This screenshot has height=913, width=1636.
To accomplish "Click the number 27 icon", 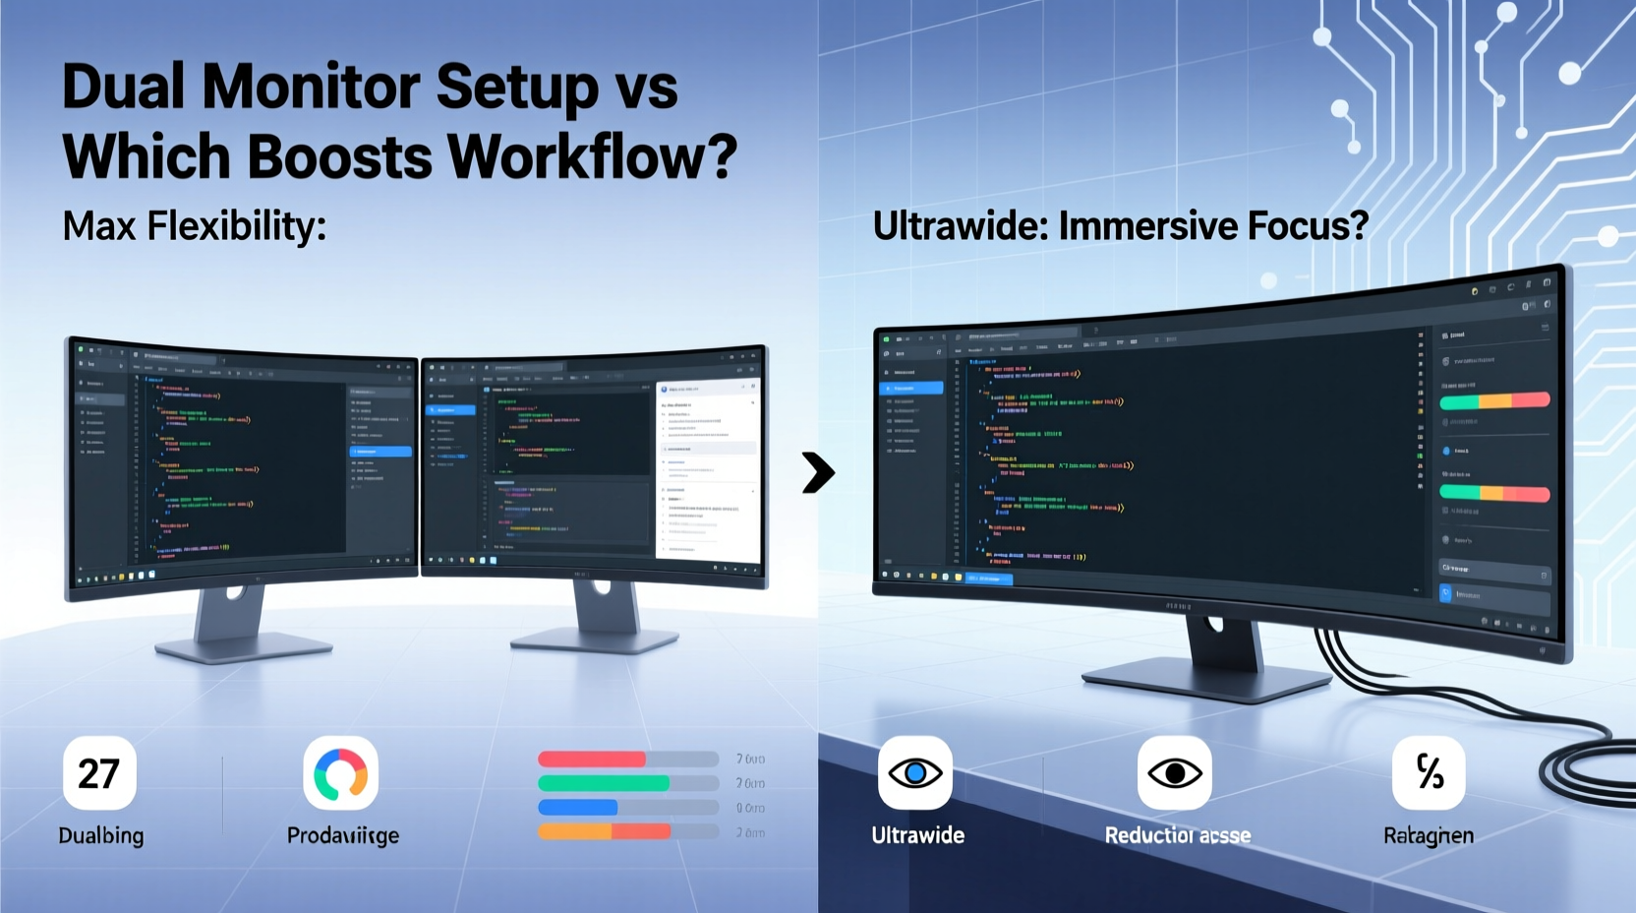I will pyautogui.click(x=99, y=773).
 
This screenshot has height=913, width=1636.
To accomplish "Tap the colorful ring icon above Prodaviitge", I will pyautogui.click(x=340, y=773).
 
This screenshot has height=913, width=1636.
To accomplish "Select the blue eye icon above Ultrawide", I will pyautogui.click(x=914, y=773).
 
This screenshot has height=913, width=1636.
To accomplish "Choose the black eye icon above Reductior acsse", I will pyautogui.click(x=1174, y=773).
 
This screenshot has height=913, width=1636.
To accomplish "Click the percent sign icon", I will pyautogui.click(x=1429, y=773).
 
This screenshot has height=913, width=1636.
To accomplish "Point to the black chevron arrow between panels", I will pyautogui.click(x=817, y=472).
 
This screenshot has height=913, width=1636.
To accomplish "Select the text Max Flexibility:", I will pyautogui.click(x=194, y=226).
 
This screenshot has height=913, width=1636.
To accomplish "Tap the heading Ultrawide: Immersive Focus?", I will pyautogui.click(x=1120, y=226).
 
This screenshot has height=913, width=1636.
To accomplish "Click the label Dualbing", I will pyautogui.click(x=101, y=835).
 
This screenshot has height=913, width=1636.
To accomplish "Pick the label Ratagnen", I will pyautogui.click(x=1428, y=835).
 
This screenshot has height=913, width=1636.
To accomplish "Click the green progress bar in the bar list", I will pyautogui.click(x=604, y=783).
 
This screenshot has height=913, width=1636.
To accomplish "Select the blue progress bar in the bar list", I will pyautogui.click(x=577, y=808).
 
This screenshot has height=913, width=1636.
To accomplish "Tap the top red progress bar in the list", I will pyautogui.click(x=592, y=760).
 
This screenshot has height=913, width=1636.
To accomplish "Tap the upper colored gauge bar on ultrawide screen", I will pyautogui.click(x=1494, y=400).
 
